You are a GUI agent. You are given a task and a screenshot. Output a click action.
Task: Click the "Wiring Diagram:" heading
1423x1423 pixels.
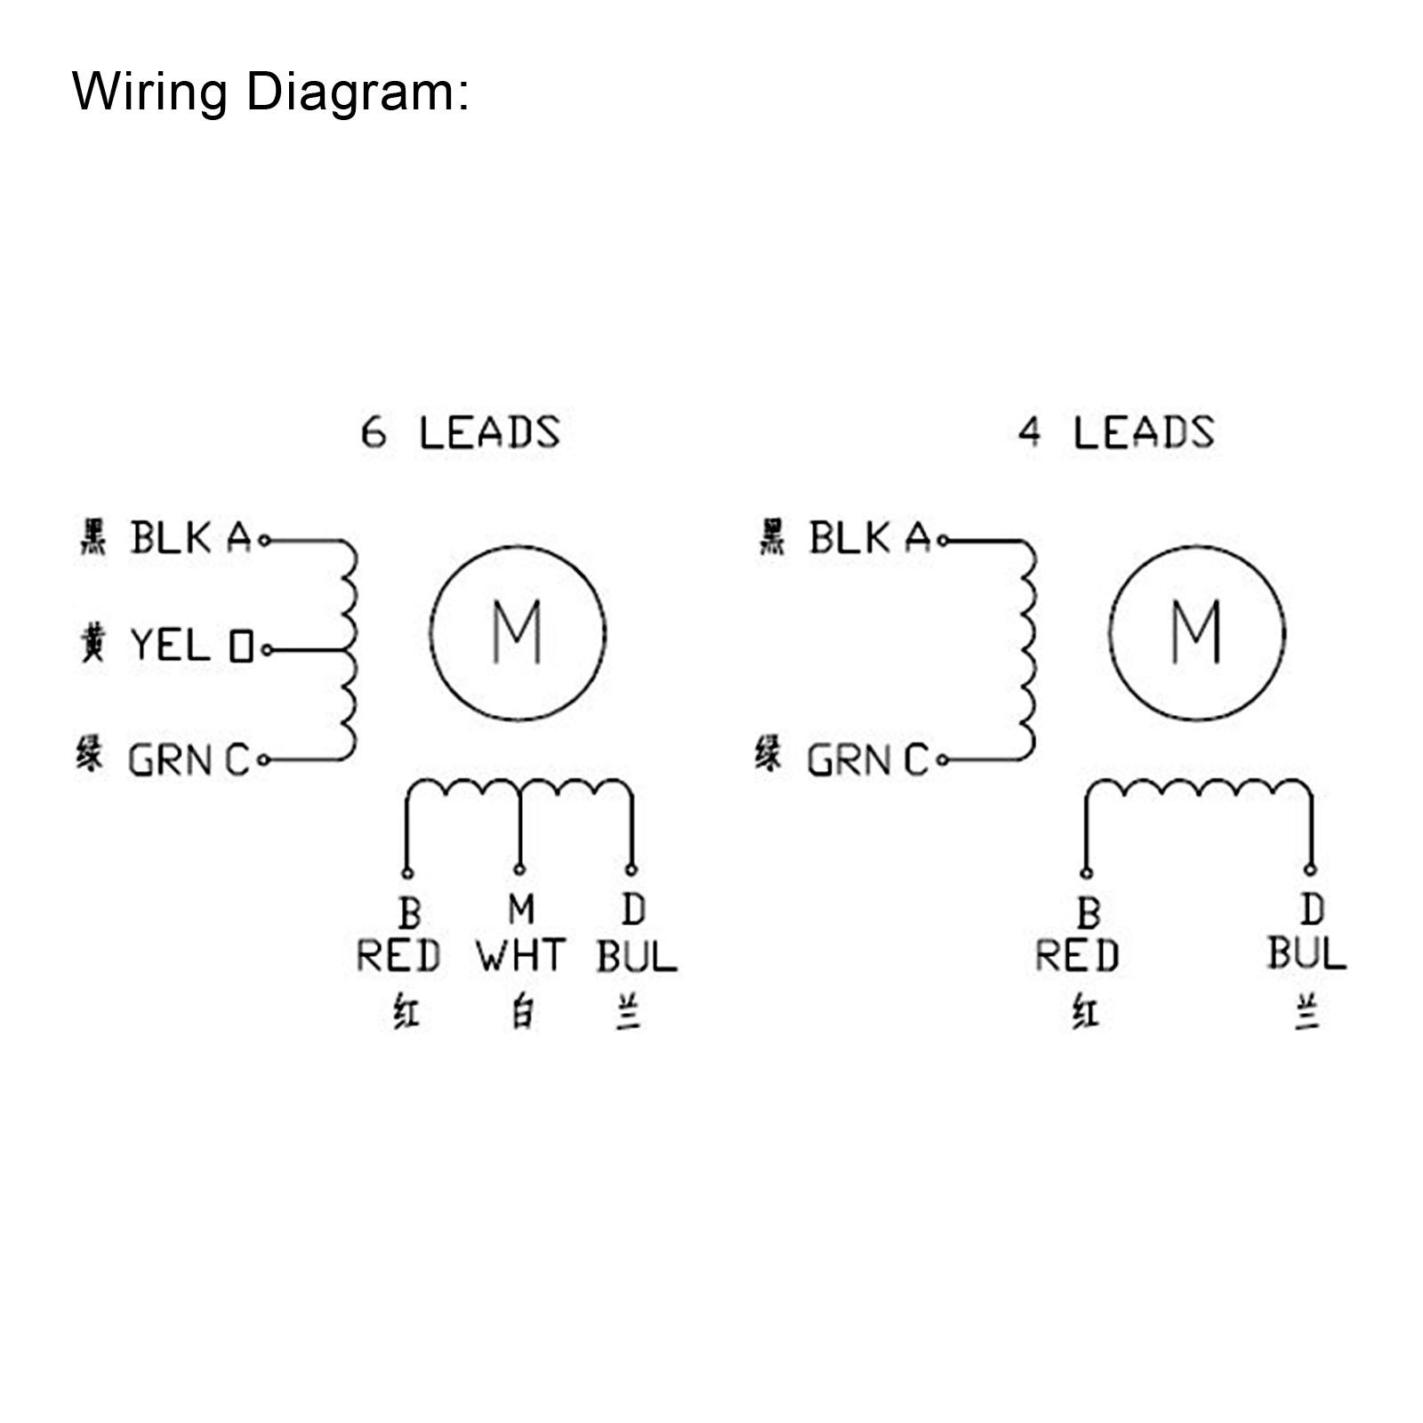pos(269,92)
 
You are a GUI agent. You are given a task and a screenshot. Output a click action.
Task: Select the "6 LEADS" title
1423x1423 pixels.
pos(460,433)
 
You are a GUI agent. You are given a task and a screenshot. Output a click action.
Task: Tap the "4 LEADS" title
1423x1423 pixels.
pos(1116,433)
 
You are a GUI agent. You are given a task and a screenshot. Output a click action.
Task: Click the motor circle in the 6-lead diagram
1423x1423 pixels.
pos(518,632)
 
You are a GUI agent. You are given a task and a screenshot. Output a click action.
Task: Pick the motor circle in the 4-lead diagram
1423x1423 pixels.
pos(1196,632)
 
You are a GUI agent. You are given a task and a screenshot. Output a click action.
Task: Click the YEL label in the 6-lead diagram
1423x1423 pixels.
pos(170,645)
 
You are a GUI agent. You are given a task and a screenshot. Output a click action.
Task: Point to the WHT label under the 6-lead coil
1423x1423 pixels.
pos(520,956)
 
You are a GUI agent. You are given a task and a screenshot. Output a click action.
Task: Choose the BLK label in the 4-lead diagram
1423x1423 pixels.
pos(849,538)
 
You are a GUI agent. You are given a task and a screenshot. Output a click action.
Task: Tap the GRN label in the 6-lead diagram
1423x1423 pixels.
pos(169,760)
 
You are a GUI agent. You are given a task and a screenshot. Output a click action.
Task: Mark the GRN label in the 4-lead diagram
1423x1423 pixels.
pos(848,760)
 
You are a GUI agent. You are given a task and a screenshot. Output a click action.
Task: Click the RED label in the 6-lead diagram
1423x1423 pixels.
pos(398,956)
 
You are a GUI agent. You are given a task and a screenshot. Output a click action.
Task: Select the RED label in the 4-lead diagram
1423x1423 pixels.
pos(1077,956)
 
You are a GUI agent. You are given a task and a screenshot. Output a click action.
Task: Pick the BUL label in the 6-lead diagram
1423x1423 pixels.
pos(636,956)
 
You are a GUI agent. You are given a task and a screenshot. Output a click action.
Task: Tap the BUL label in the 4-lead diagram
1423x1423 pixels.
pos(1306,953)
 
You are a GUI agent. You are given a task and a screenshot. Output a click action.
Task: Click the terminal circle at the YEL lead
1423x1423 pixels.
pos(265,651)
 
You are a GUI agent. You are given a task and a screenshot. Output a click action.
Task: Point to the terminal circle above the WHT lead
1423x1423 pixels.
pos(519,869)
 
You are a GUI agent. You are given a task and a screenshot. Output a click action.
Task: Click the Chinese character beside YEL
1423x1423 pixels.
pos(93,643)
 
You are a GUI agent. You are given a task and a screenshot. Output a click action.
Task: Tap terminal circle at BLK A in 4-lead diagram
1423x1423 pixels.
pos(943,540)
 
